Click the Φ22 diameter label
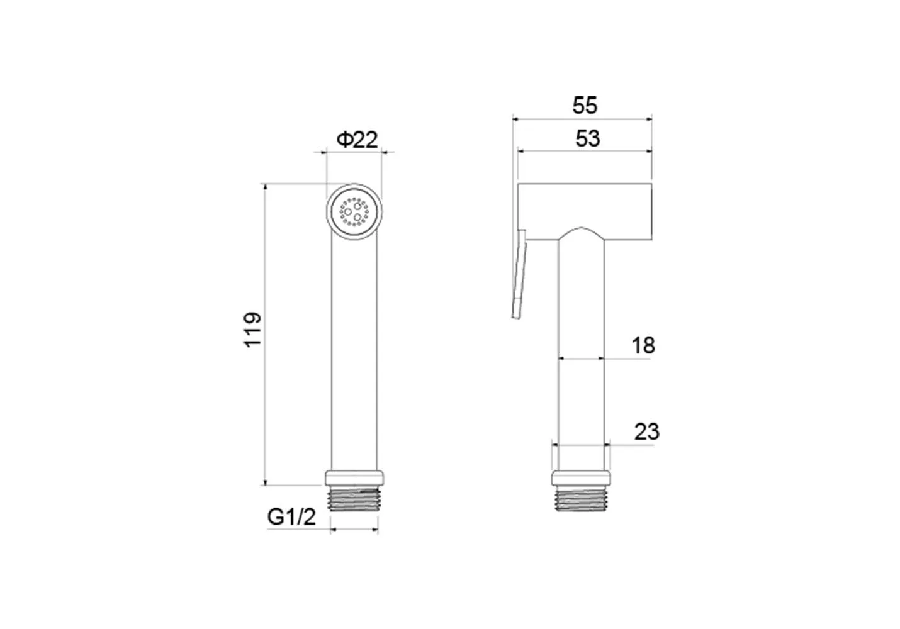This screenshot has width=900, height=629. click(357, 140)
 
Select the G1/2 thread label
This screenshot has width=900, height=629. click(291, 517)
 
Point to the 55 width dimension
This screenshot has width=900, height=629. click(585, 106)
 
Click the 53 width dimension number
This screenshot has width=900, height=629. click(587, 138)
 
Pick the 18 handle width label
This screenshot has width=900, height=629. click(643, 345)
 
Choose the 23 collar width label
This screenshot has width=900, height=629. click(646, 431)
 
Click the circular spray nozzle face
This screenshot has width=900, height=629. click(354, 212)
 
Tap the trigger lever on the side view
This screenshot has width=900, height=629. click(519, 274)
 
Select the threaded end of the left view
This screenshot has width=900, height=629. click(354, 498)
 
